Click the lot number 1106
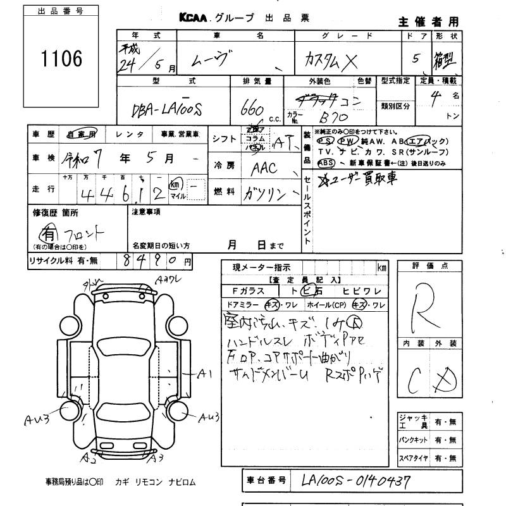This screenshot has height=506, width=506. pyautogui.click(x=61, y=59)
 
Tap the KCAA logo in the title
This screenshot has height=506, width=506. pyautogui.click(x=193, y=18)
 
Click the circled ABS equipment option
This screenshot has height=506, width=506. pyautogui.click(x=326, y=162)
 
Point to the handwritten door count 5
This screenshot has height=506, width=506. pyautogui.click(x=416, y=59)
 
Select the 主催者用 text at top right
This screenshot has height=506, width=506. pyautogui.click(x=437, y=22)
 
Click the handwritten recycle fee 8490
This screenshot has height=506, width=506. pyautogui.click(x=152, y=259)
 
